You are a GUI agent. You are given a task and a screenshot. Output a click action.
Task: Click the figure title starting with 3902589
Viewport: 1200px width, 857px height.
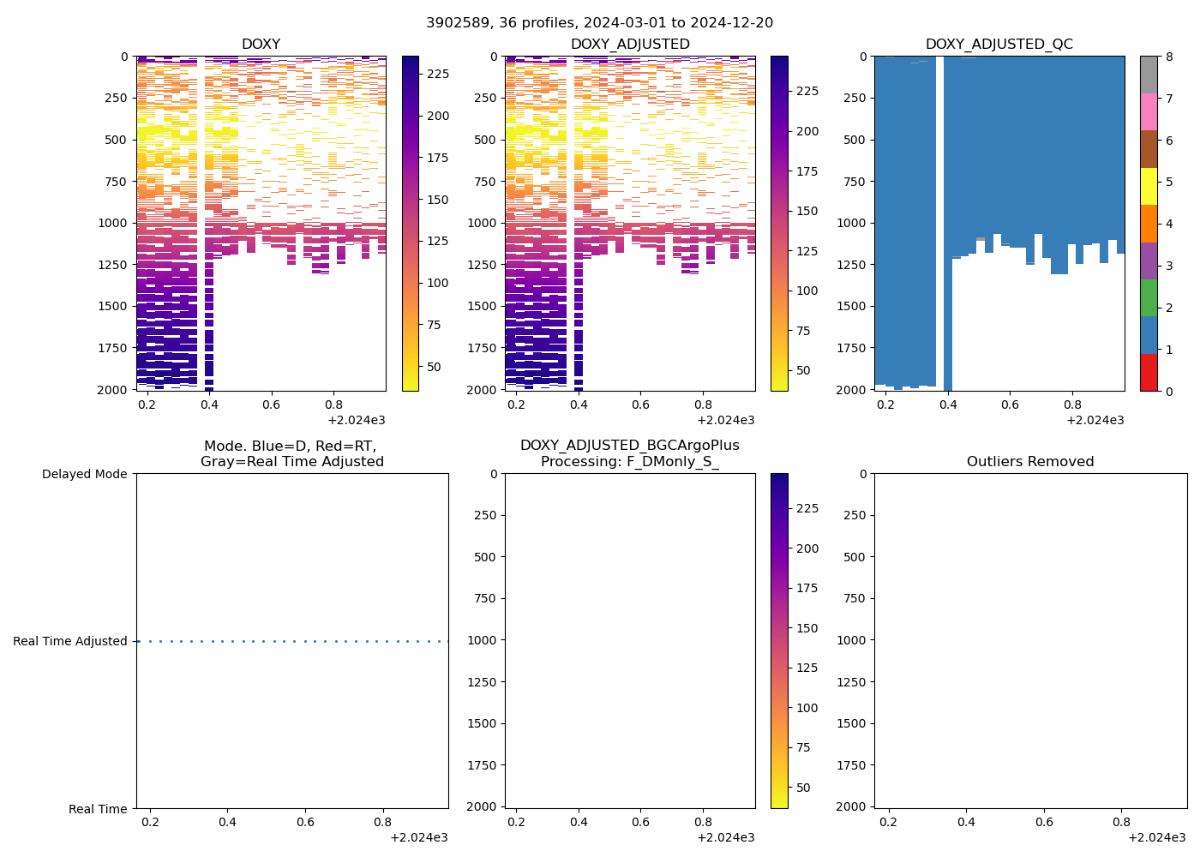(x=599, y=23)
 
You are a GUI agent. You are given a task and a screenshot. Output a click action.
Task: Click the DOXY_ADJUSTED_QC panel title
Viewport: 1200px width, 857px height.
(x=999, y=45)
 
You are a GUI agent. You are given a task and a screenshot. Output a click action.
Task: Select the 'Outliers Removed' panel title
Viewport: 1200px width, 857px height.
(x=1030, y=462)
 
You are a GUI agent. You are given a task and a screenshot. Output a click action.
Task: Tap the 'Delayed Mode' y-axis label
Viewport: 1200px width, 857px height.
(x=84, y=474)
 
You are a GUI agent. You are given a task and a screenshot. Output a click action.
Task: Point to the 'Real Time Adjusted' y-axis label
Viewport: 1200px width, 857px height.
(x=70, y=641)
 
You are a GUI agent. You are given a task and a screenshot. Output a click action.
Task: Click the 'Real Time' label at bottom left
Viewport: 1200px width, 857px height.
(x=98, y=809)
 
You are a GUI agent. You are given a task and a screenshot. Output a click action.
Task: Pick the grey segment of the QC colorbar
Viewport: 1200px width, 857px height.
(x=1149, y=75)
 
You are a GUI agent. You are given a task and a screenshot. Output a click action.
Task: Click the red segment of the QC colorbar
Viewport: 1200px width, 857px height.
(x=1149, y=373)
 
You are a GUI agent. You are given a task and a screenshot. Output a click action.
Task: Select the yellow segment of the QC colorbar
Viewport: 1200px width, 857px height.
(x=1149, y=186)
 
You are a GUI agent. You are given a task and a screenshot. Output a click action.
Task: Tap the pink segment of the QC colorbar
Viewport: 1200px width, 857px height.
(x=1149, y=111)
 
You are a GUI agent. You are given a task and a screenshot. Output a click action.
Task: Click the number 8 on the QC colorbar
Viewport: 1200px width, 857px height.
(x=1168, y=57)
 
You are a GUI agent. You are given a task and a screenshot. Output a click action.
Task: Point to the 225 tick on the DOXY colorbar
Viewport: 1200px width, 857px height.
(x=438, y=75)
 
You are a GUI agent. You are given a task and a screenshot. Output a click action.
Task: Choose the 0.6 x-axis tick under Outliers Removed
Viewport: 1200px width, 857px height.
(x=1044, y=822)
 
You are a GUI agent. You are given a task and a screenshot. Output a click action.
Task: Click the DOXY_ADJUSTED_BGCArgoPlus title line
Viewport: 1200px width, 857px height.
(x=629, y=446)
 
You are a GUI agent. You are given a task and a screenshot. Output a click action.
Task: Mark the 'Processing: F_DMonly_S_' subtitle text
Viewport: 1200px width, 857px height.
(x=629, y=462)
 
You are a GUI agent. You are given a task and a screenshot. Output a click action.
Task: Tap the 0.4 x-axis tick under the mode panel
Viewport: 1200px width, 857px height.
(x=227, y=822)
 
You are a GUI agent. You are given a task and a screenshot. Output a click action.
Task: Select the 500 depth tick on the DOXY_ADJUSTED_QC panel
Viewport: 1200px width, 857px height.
(x=856, y=140)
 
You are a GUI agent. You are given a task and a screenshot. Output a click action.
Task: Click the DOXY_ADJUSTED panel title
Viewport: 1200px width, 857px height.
(x=630, y=45)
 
